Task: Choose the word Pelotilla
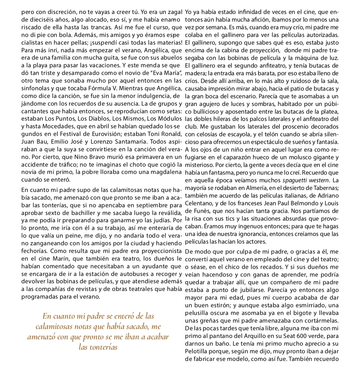[x=197, y=351]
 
